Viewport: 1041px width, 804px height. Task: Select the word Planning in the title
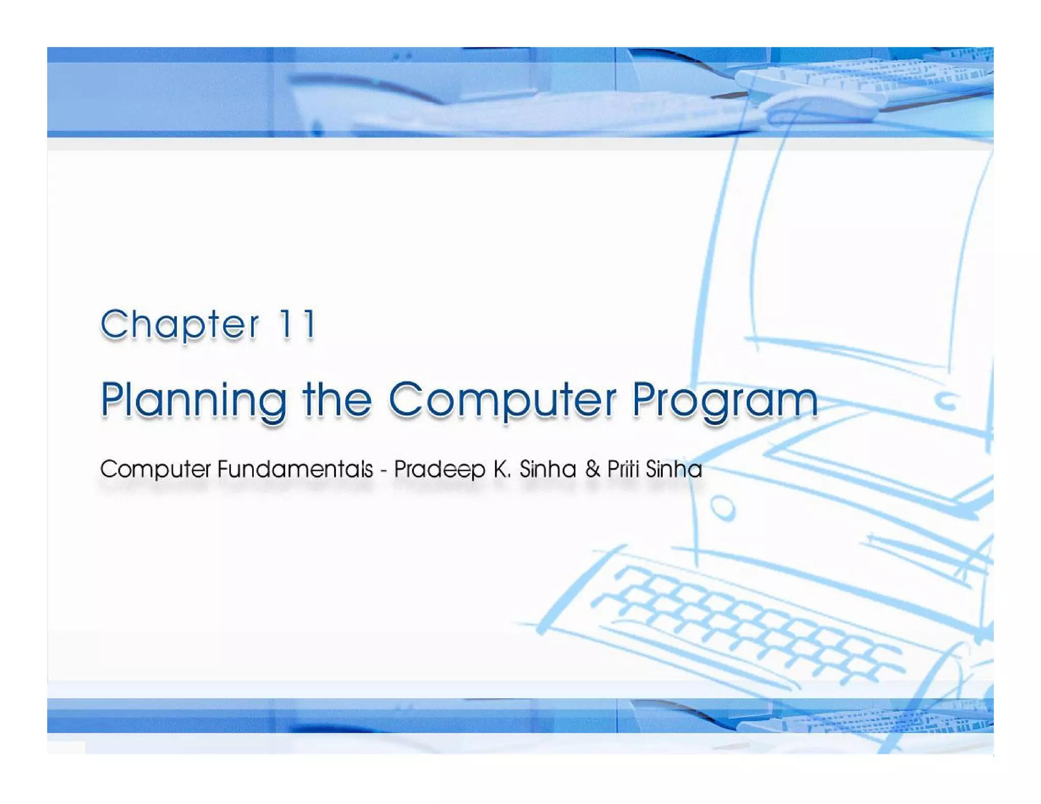click(193, 400)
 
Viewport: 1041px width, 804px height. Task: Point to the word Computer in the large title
click(502, 400)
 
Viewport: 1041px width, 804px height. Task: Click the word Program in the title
click(725, 400)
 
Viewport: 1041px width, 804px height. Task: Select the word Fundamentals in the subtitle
click(295, 469)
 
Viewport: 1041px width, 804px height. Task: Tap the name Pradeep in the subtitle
click(440, 470)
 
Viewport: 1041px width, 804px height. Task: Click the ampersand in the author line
click(592, 469)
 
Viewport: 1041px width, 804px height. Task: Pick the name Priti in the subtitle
click(623, 469)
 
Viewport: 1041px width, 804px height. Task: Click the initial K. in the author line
click(502, 469)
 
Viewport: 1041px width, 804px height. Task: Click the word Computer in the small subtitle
click(155, 470)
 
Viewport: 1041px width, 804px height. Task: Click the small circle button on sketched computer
click(722, 508)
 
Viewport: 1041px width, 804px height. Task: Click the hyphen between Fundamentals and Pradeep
click(383, 470)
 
